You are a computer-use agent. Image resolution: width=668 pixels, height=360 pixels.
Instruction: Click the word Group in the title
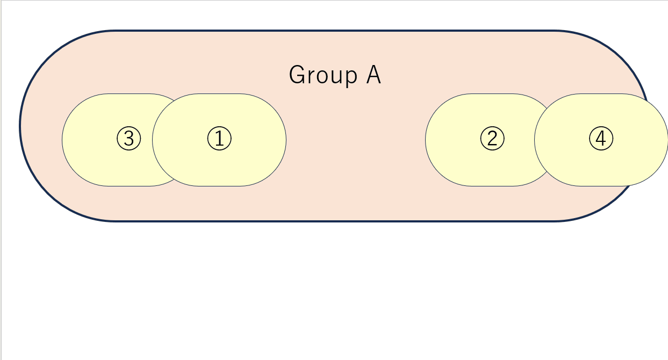(323, 75)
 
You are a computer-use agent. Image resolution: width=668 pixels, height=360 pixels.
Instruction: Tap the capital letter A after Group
(373, 75)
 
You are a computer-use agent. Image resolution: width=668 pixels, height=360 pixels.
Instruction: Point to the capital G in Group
(297, 75)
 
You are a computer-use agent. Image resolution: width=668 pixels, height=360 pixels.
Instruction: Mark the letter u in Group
(337, 77)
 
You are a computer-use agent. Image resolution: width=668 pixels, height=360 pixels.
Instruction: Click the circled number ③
(129, 139)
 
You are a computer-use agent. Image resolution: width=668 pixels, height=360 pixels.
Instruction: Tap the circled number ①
(219, 139)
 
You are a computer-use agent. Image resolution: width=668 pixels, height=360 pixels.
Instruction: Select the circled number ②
(492, 139)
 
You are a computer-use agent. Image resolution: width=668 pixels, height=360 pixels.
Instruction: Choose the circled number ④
(601, 139)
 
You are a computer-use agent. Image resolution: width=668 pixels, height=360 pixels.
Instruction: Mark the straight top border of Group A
(334, 31)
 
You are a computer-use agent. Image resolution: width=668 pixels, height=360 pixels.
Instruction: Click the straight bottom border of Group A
(334, 221)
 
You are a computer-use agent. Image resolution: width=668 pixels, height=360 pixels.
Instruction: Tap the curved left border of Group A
(20, 125)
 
